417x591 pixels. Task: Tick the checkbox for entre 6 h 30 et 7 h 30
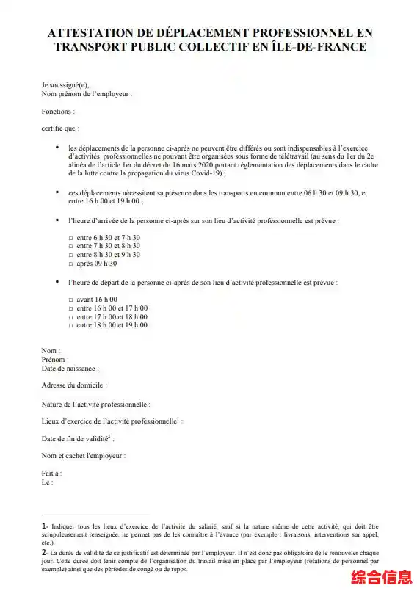tap(70, 239)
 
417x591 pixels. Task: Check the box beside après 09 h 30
tap(70, 264)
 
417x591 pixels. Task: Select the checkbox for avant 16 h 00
tap(70, 300)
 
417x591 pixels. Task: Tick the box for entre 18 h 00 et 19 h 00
tap(70, 325)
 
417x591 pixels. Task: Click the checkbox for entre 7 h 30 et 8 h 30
tap(70, 247)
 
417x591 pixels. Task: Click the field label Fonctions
tap(58, 112)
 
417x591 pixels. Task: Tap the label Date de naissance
tap(70, 369)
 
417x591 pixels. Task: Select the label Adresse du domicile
tap(74, 385)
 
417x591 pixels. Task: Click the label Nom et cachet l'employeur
tap(84, 456)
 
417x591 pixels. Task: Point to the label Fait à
tap(51, 474)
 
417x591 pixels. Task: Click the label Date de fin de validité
tap(76, 439)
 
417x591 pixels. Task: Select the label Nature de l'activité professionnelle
tap(95, 404)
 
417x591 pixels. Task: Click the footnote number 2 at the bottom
tap(44, 552)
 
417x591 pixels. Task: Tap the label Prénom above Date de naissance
tap(54, 360)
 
